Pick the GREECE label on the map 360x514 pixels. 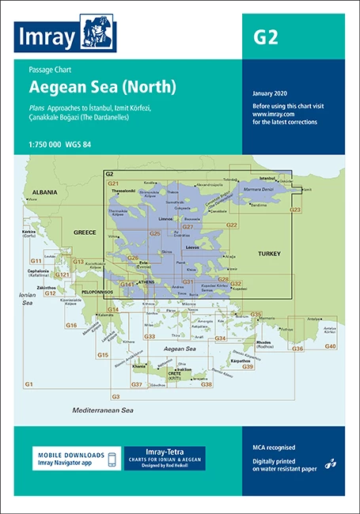pyautogui.click(x=85, y=233)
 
